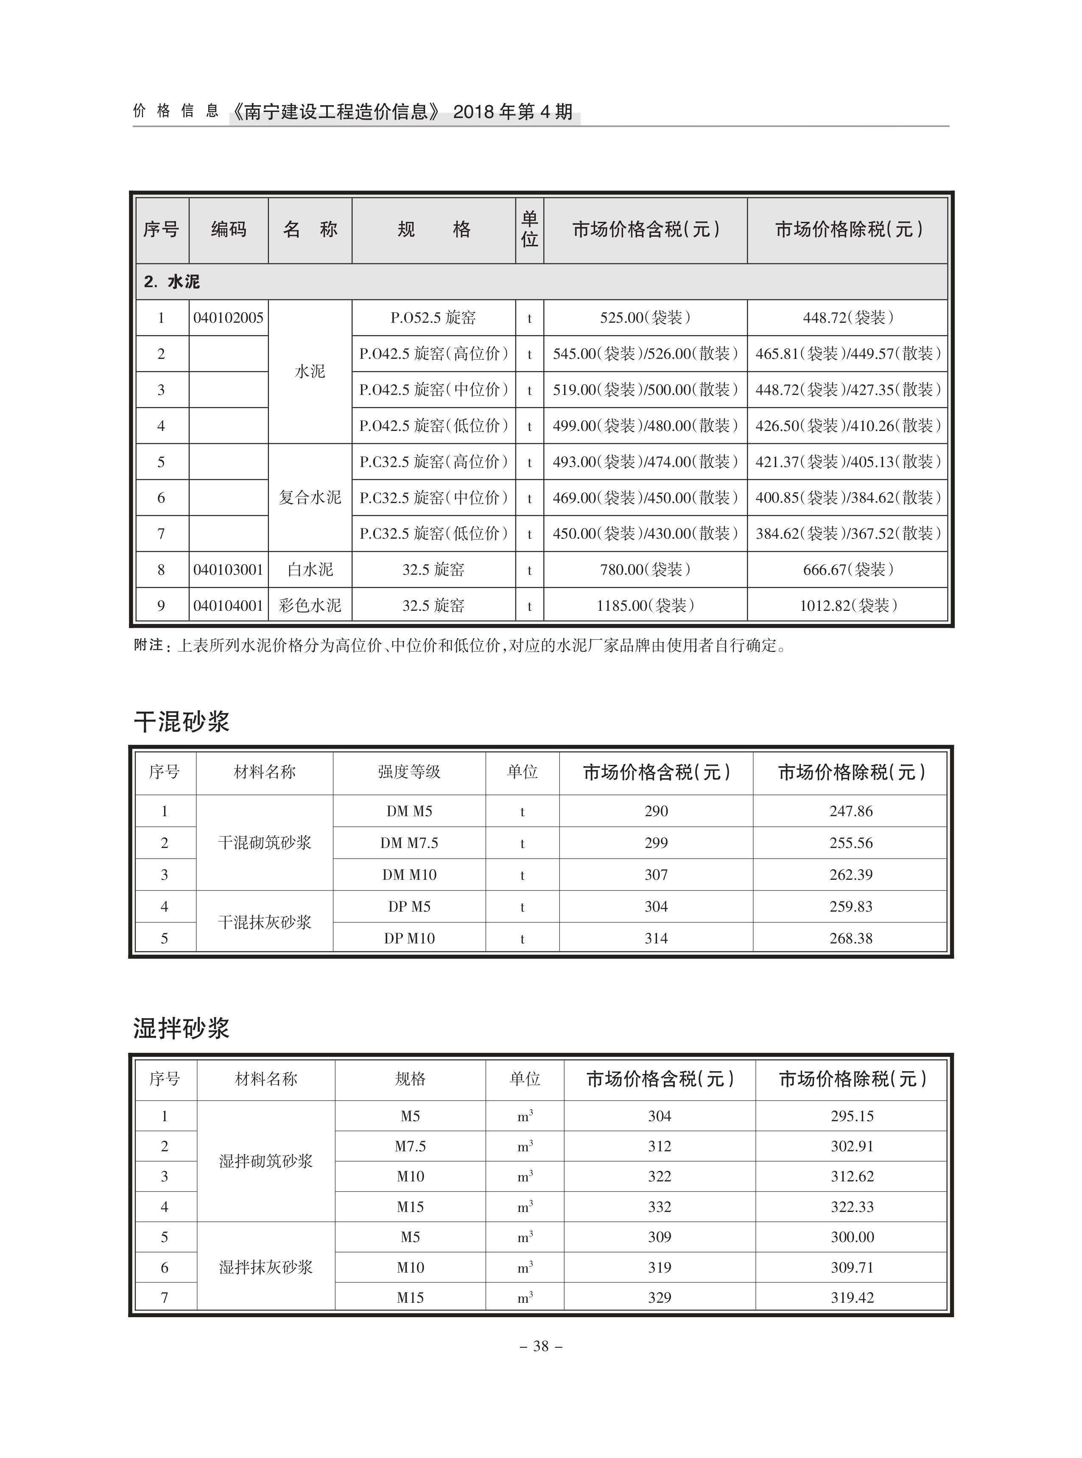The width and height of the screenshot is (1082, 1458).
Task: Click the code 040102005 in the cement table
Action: (228, 318)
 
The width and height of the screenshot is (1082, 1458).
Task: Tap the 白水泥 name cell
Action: (310, 570)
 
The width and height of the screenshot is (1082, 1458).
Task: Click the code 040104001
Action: (228, 606)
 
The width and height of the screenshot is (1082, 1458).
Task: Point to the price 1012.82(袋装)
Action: (847, 606)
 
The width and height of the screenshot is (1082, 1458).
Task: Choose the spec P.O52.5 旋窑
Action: (433, 318)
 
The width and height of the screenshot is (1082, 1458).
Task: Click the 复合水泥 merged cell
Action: (310, 498)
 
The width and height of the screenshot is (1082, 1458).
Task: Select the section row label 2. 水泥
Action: (172, 282)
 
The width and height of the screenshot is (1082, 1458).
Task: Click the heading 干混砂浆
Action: (182, 722)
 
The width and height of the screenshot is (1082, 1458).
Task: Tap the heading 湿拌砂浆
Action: (182, 1028)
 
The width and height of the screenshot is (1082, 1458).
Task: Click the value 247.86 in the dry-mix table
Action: (851, 812)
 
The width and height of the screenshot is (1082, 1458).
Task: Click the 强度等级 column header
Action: (409, 772)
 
